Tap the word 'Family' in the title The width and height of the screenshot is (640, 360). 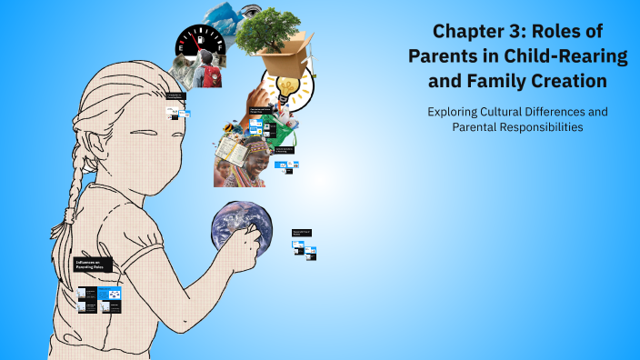coord(499,81)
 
